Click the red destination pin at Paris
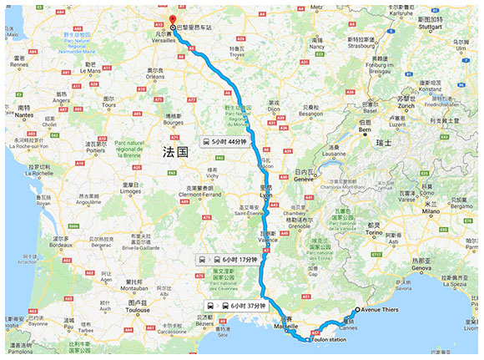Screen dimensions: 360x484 172,19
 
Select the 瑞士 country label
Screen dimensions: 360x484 383,143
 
